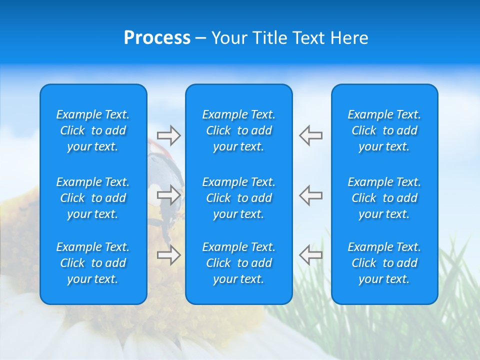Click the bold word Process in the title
157,38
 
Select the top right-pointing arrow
169,135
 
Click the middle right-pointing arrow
169,194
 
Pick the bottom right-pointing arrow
169,255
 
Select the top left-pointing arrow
310,135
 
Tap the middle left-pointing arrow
310,194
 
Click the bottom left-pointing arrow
310,255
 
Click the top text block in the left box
93,130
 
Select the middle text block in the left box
93,198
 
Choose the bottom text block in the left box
93,263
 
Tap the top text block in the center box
238,130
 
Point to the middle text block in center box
238,198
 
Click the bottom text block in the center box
238,263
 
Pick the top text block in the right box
384,130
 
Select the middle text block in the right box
384,198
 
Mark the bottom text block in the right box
384,263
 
